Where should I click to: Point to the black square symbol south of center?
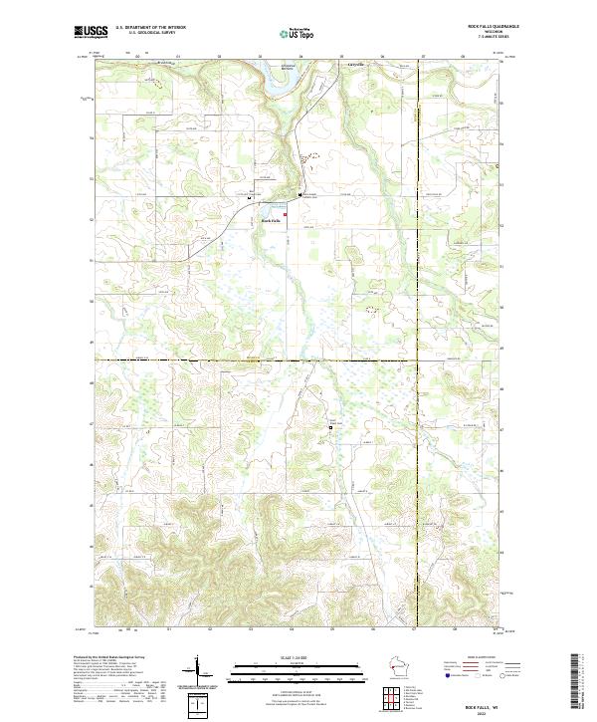[x=331, y=427]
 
